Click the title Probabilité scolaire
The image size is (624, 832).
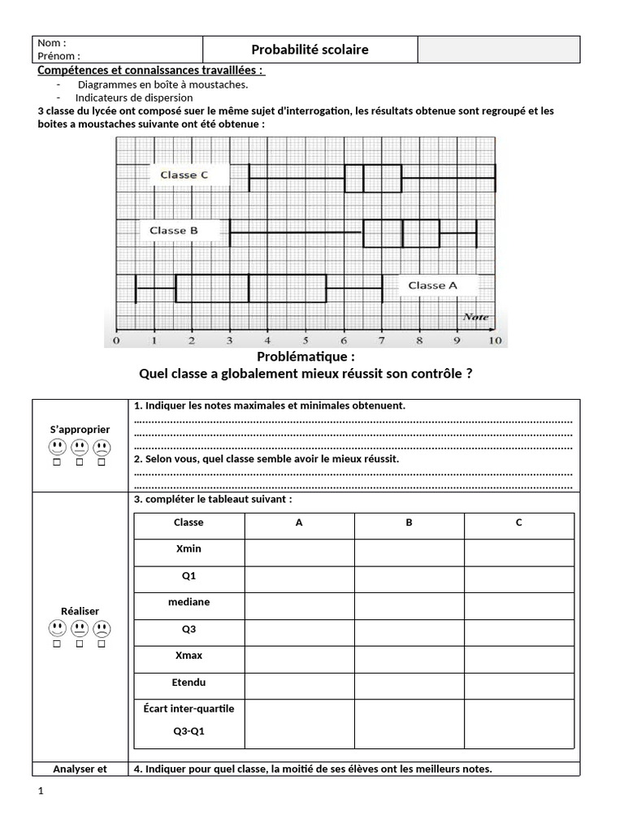[310, 50]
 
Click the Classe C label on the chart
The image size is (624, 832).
[184, 175]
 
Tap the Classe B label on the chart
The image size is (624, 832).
[174, 231]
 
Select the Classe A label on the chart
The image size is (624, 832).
[432, 285]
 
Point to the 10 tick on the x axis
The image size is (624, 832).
[494, 340]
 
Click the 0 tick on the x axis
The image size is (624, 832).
[116, 340]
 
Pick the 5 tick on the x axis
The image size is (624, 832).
[305, 340]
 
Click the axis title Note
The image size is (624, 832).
[475, 317]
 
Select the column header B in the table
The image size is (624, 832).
[409, 522]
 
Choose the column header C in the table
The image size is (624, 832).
[518, 522]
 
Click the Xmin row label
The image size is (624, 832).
[188, 548]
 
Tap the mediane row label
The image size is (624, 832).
[188, 602]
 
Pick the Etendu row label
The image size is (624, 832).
[188, 682]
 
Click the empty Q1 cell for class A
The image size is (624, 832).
[299, 579]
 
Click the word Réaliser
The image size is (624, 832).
[80, 610]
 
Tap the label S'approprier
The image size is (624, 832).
[80, 429]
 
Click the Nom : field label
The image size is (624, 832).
[52, 43]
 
